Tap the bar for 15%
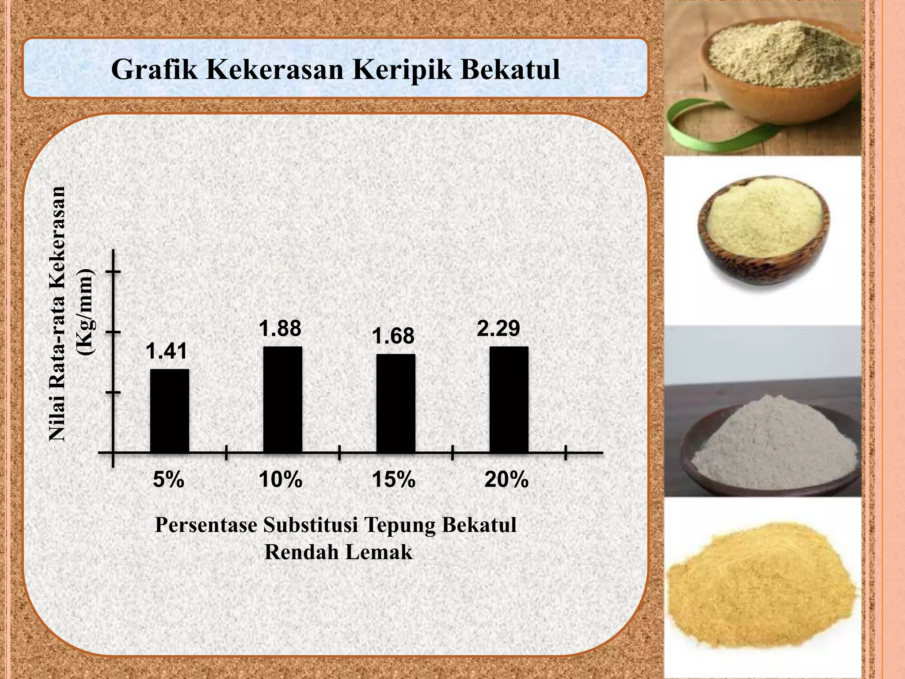395,403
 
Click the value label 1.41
167,351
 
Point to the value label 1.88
280,328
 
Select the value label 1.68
393,336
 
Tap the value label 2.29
498,328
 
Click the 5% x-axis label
168,480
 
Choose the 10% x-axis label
281,480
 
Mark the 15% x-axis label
394,480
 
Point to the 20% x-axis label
506,480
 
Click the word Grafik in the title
155,69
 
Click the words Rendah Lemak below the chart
338,552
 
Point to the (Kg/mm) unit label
85,312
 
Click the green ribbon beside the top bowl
689,126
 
